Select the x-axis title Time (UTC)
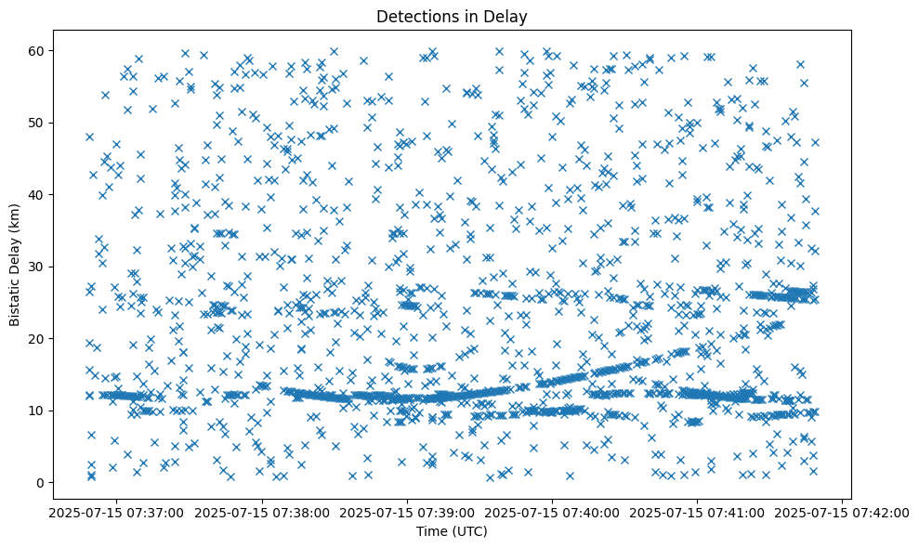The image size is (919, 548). pyautogui.click(x=451, y=531)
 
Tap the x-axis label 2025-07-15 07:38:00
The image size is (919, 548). pyautogui.click(x=259, y=512)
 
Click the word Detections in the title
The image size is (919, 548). pyautogui.click(x=410, y=17)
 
